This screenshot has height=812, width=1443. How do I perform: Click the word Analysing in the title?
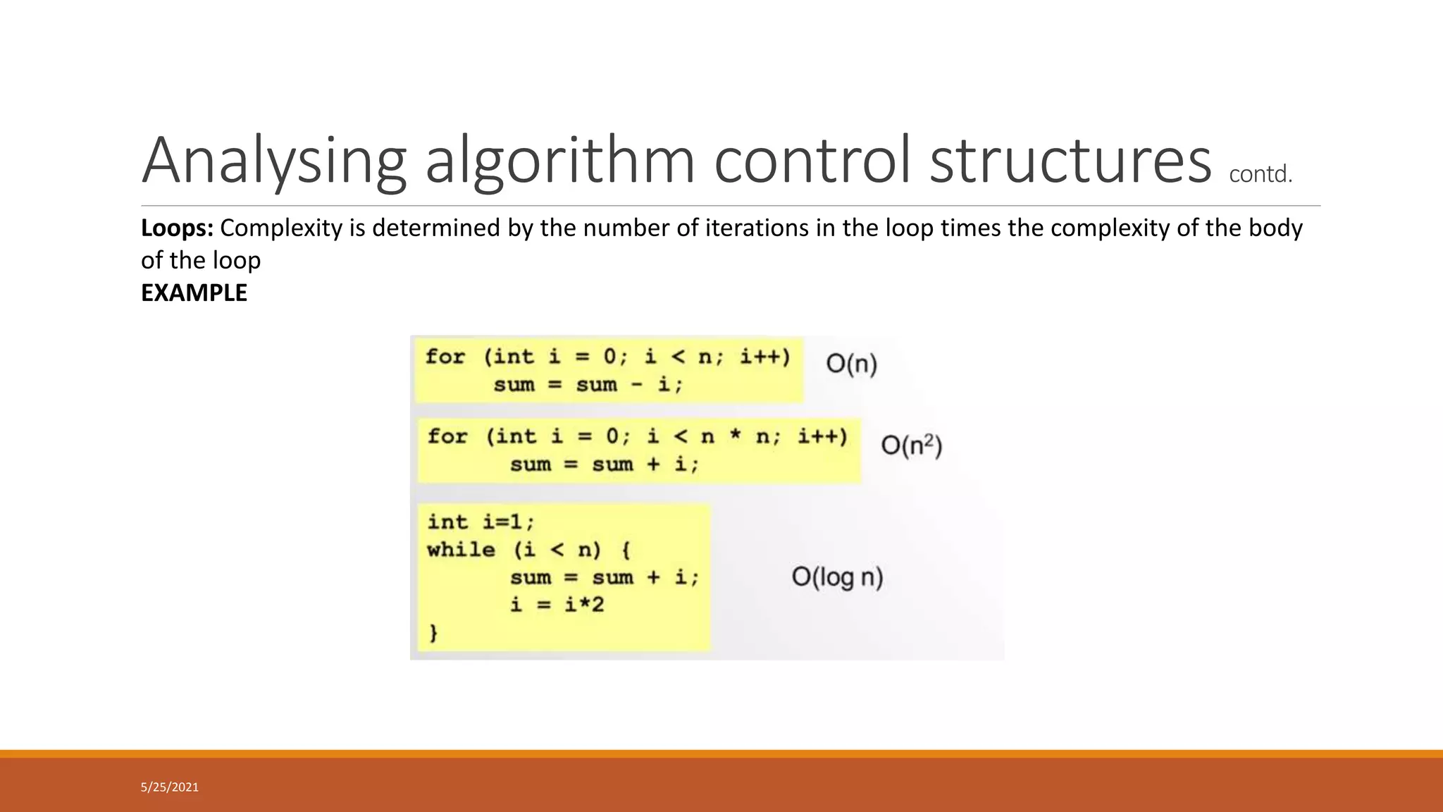point(274,161)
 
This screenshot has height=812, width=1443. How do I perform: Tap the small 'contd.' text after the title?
point(1261,174)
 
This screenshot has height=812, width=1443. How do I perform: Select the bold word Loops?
point(177,228)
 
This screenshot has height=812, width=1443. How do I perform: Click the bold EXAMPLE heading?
point(194,293)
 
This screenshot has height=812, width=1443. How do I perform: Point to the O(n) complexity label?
point(851,364)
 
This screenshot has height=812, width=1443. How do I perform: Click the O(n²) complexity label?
point(911,445)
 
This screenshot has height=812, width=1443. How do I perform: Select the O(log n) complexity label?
point(837,577)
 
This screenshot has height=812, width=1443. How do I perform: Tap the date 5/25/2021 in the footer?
point(170,787)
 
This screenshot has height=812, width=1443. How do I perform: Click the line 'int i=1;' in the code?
point(481,522)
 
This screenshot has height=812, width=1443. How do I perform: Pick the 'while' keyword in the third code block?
point(461,550)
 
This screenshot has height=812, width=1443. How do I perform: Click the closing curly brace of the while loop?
point(433,632)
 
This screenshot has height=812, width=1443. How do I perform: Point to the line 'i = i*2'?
point(557,605)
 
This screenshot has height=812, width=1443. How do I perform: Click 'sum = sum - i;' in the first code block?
point(588,385)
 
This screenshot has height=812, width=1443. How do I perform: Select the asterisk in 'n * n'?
point(736,436)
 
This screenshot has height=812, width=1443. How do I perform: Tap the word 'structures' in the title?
point(1070,161)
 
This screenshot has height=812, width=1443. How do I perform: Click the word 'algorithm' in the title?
point(560,161)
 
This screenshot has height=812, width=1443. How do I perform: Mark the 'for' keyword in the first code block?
point(445,357)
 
